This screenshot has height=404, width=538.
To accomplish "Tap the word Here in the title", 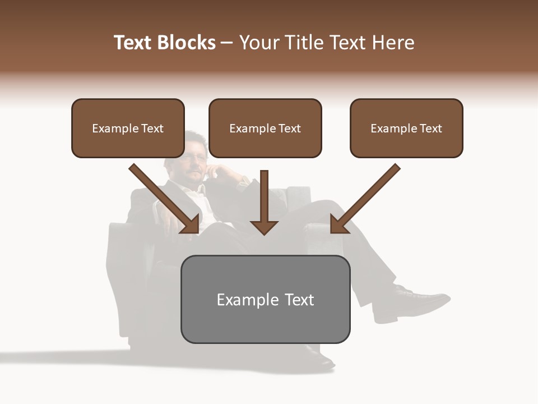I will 393,43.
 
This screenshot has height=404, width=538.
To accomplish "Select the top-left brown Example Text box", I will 128,128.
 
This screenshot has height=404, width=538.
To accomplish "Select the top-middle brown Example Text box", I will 265,128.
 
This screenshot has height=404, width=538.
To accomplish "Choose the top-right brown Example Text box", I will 406,128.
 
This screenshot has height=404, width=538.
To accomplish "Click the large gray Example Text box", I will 265,299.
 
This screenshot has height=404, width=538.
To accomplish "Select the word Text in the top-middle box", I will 290,128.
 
